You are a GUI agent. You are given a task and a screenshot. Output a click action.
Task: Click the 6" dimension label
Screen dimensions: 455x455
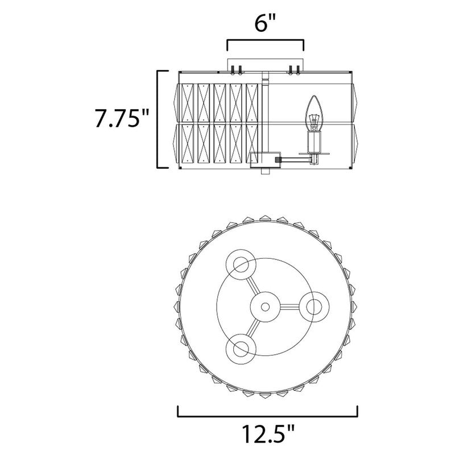[x=264, y=23]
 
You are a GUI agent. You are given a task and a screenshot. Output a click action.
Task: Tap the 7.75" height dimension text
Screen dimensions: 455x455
[x=121, y=118]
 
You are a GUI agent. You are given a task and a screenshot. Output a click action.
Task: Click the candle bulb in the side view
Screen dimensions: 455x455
[x=314, y=113]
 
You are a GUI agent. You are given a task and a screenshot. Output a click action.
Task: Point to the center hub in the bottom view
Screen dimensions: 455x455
[x=265, y=307]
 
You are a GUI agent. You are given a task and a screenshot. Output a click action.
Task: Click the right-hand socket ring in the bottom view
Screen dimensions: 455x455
[x=314, y=307]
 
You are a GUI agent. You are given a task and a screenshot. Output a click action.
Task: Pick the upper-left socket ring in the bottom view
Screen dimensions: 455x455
[x=241, y=264]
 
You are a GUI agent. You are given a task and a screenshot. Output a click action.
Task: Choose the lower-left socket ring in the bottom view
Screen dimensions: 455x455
[x=241, y=349]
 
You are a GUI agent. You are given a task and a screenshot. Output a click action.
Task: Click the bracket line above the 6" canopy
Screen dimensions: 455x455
[x=265, y=40]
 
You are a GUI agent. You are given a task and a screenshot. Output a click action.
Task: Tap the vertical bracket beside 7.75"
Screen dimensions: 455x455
[x=158, y=119]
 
